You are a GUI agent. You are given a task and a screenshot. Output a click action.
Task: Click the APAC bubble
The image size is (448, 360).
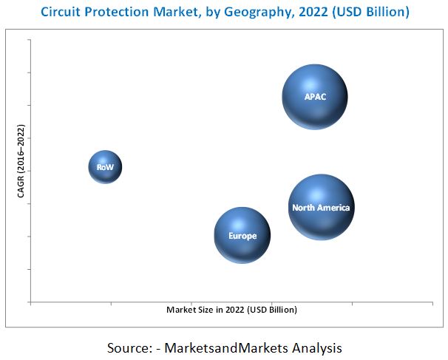click(x=315, y=97)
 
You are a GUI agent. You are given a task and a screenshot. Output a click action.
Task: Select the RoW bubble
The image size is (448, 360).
click(x=105, y=167)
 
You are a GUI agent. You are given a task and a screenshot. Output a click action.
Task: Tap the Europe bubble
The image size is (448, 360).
click(x=242, y=235)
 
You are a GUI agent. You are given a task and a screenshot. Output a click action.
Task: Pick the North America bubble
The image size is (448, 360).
click(x=321, y=208)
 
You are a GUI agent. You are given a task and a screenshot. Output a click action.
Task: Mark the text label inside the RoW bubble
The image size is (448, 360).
click(x=105, y=168)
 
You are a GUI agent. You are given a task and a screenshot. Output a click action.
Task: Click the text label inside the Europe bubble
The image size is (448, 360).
click(x=242, y=236)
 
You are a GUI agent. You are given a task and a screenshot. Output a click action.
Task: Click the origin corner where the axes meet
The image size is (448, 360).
click(x=30, y=302)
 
